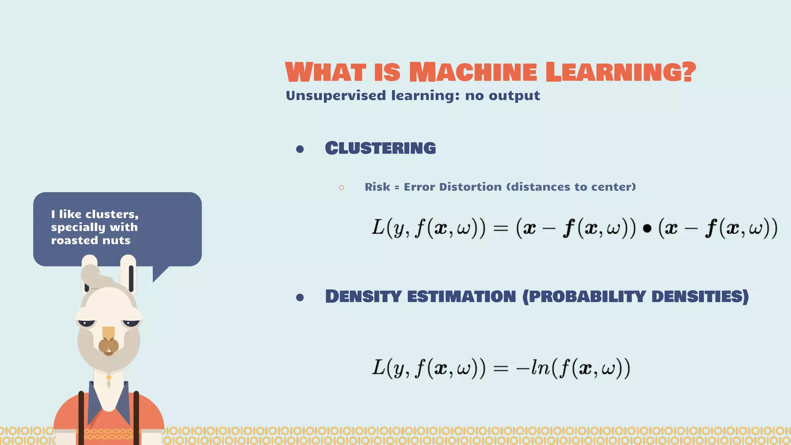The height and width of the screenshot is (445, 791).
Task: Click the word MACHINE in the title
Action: pos(473,72)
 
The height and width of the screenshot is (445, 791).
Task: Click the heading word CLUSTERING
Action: pos(380,148)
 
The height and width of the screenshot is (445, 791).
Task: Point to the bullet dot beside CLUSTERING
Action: pos(300,149)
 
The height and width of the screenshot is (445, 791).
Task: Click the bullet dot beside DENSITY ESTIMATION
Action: pos(300,297)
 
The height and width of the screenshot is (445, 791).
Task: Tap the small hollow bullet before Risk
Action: pos(341,188)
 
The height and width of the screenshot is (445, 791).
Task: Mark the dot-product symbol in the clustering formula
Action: pos(647,229)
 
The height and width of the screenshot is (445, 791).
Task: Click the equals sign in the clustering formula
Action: pos(501,228)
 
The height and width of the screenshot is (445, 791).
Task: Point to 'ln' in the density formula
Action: pos(540,367)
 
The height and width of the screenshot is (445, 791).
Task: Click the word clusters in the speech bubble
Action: pos(112,214)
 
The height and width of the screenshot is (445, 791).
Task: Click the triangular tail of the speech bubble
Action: pos(159,273)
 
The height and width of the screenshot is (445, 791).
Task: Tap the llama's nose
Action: pos(109,345)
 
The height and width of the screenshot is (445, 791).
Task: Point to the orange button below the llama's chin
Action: pos(109,377)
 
